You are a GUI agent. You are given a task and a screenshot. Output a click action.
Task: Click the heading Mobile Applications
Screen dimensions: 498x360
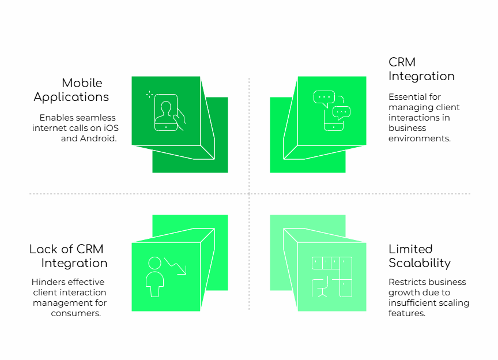[x=71, y=90]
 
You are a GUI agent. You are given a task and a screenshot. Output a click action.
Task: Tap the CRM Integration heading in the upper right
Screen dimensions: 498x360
[x=421, y=69]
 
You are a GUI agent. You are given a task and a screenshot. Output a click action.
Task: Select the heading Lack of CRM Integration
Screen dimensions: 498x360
[x=68, y=256]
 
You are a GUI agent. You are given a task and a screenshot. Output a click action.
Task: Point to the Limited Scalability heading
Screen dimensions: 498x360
[x=420, y=256]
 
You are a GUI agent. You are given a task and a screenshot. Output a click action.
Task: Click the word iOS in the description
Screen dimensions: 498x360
[x=111, y=128]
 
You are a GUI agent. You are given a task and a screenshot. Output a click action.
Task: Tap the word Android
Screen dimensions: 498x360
[x=98, y=138]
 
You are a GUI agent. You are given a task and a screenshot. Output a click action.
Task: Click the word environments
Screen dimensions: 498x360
[x=420, y=138]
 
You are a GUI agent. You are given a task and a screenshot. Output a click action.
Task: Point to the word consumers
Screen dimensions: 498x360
[x=76, y=313]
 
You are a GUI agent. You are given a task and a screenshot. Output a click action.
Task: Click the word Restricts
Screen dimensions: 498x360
[x=405, y=282]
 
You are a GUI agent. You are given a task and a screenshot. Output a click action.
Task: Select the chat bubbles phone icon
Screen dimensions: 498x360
[x=332, y=111]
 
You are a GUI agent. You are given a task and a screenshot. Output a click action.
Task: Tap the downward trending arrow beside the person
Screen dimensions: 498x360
[x=175, y=266]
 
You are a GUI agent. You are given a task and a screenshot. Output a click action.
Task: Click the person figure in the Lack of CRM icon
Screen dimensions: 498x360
[x=154, y=277]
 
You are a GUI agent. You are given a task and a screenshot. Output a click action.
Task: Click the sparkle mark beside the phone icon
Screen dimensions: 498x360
[x=149, y=94]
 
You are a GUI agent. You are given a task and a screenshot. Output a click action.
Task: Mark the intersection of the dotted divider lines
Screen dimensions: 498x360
[x=249, y=194]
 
